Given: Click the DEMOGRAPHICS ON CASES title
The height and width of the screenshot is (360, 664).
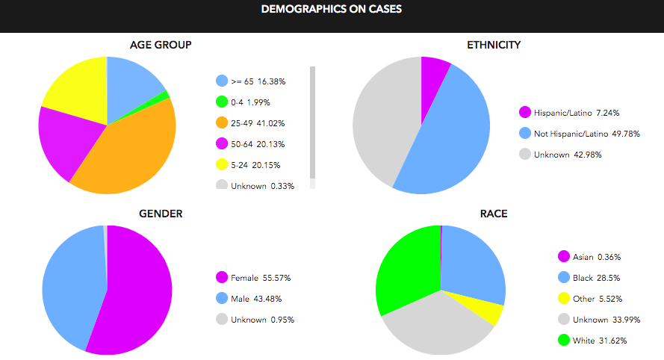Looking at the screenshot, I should (x=332, y=10).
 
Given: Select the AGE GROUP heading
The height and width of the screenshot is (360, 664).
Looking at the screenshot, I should (x=161, y=45).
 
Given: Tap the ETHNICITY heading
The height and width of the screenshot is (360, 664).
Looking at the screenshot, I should (x=494, y=45).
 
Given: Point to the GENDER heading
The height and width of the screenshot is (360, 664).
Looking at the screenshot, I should (x=161, y=214).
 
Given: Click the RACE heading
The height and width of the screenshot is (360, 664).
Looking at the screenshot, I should (x=494, y=214).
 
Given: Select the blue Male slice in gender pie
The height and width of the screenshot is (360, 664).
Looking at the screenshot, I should (x=71, y=284).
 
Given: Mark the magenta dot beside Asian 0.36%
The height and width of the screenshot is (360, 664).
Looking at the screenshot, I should (x=564, y=257).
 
